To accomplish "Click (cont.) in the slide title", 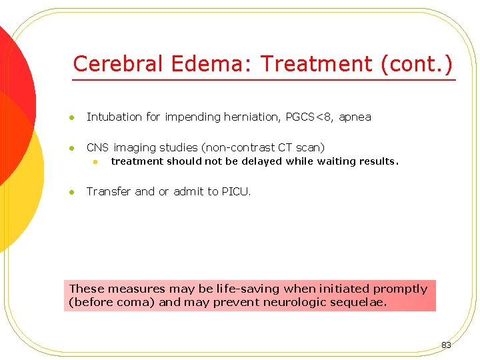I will point(416,64).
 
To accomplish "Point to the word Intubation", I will point(114,117).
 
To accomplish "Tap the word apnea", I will point(355,117).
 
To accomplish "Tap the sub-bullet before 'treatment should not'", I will point(95,162).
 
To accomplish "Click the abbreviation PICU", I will point(236,191).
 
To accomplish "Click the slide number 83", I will point(446,345).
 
